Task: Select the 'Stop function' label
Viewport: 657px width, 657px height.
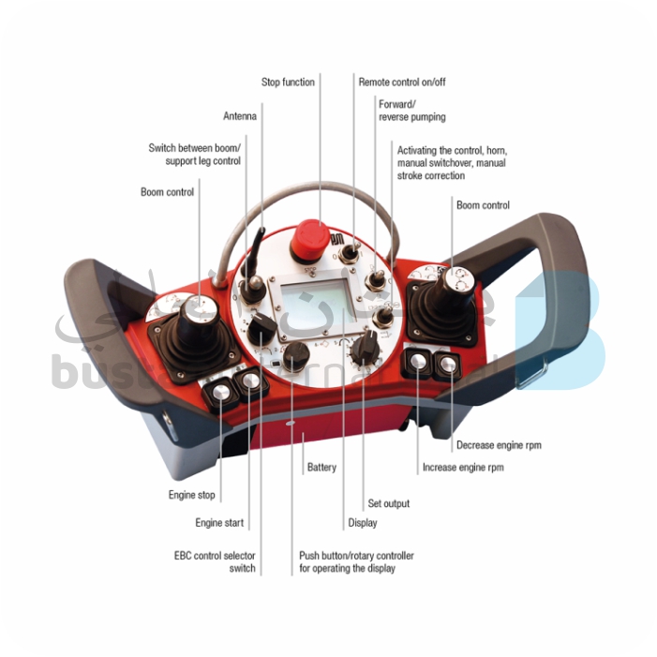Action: pos(288,82)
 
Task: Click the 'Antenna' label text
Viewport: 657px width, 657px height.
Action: pos(240,116)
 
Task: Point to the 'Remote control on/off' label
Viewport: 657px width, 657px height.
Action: pos(402,82)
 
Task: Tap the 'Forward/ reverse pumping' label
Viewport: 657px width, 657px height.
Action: pos(411,111)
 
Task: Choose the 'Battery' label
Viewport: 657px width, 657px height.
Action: pos(321,467)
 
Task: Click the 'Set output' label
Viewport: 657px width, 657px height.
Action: pos(389,503)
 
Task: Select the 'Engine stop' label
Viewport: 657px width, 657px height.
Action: pos(192,494)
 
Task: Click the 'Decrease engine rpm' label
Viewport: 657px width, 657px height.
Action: pos(499,445)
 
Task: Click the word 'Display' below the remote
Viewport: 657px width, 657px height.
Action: pos(363,522)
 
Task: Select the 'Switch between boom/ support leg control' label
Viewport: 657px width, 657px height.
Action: pos(194,155)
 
